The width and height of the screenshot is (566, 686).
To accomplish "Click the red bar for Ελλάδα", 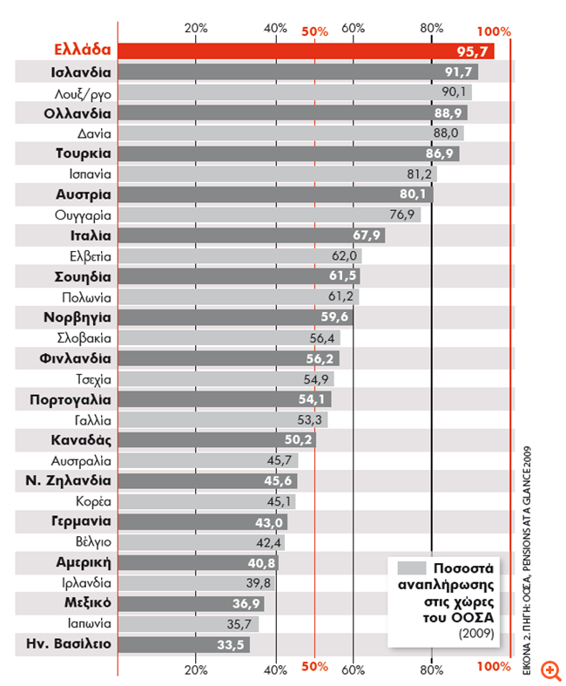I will [x=305, y=51].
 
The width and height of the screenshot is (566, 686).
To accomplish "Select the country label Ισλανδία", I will [x=81, y=71].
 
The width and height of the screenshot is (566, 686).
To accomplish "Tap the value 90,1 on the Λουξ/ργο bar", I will [x=455, y=92].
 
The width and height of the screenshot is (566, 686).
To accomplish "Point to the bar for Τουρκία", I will [x=287, y=153].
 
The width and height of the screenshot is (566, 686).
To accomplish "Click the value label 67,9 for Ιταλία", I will [x=368, y=235].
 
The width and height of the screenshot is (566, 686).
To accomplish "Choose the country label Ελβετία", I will [x=90, y=256].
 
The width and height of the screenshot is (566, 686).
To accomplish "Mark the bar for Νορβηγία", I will [x=235, y=317].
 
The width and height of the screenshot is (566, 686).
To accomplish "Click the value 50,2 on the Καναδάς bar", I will [x=300, y=440].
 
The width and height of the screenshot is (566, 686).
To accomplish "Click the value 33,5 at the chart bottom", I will [x=232, y=645].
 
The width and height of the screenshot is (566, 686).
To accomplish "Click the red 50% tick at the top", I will [x=314, y=31].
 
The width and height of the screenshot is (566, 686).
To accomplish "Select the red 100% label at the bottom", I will [x=494, y=667].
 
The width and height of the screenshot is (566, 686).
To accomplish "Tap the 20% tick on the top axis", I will [x=197, y=28].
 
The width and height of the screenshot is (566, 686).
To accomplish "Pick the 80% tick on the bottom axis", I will [x=432, y=669].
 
